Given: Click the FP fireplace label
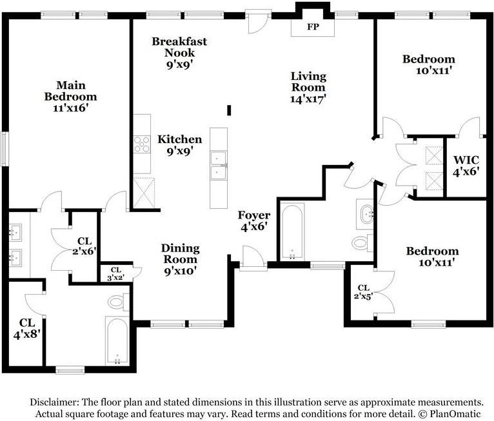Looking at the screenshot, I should [313, 28].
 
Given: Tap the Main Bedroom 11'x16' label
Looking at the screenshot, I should [70, 97].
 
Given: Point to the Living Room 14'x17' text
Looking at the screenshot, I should [308, 87].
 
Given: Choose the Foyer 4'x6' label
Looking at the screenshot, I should [253, 220].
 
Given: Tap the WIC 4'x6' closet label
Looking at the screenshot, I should [466, 166].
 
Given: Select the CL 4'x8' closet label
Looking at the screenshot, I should [26, 328].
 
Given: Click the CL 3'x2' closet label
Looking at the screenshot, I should [116, 274].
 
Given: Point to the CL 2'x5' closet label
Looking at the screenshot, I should [362, 292].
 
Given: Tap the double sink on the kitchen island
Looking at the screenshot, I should [218, 165].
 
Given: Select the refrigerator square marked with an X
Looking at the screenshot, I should [142, 191].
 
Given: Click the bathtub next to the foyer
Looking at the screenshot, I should [293, 231].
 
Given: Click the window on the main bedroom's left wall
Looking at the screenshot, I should [5, 149].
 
